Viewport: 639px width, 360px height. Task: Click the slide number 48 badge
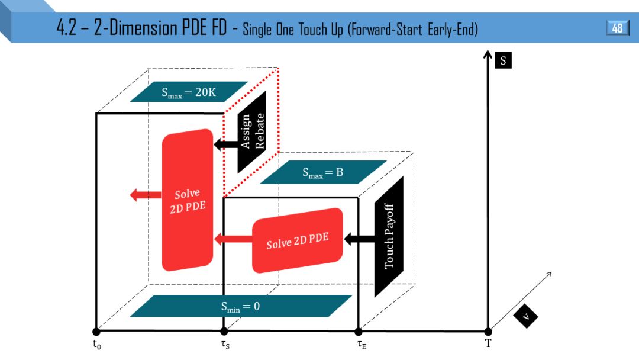click(617, 28)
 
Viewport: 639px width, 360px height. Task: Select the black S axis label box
click(503, 60)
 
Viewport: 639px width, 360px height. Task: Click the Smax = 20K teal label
click(188, 92)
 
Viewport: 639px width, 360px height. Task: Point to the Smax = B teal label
click(322, 172)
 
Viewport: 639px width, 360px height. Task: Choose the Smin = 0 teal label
click(240, 306)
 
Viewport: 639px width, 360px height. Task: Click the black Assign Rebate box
click(252, 131)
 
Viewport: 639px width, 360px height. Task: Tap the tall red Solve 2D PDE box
click(188, 200)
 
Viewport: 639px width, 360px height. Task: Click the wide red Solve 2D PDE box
click(297, 239)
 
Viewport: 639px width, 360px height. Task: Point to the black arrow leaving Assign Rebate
click(225, 144)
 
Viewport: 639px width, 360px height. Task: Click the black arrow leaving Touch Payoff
click(359, 239)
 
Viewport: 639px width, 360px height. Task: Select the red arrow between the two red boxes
click(233, 239)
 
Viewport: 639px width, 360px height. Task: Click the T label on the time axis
click(488, 344)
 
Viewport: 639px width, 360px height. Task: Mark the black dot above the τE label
click(358, 332)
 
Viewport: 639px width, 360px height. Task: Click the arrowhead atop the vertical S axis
click(488, 56)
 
